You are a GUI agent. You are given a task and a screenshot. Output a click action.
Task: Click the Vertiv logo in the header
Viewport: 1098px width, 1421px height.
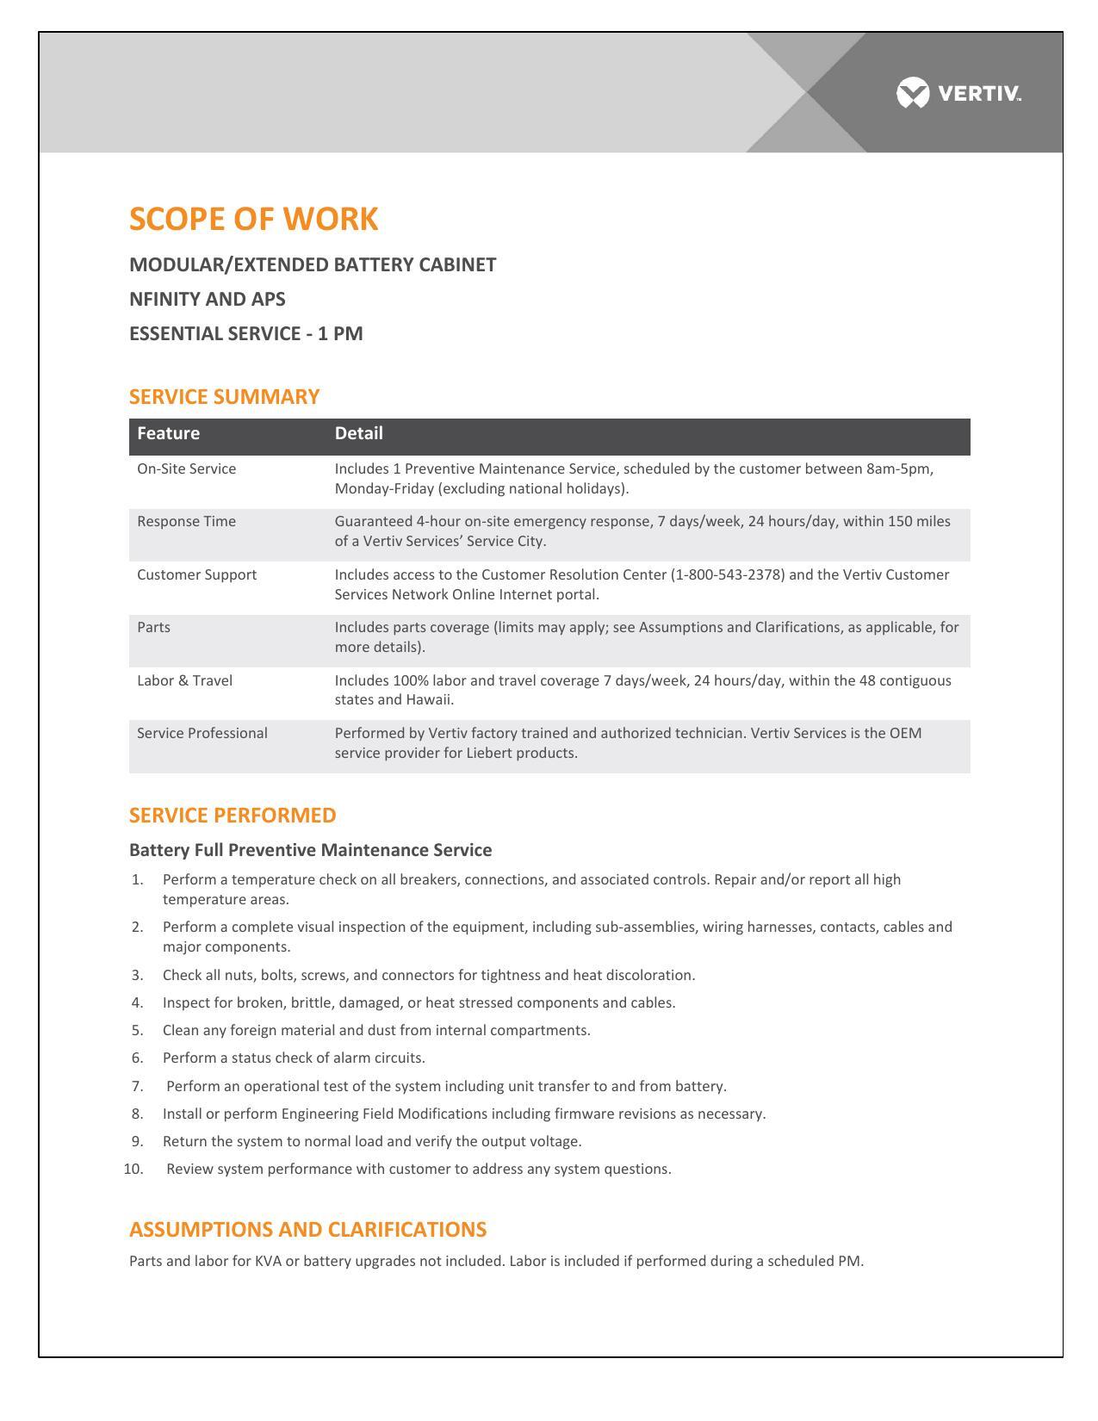tap(958, 93)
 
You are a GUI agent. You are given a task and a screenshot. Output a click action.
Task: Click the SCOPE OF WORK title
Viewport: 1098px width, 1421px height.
tap(253, 219)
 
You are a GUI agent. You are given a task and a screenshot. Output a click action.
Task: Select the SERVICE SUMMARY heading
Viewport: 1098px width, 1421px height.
tap(224, 397)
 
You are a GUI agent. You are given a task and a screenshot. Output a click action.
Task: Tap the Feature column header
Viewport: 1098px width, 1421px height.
tap(168, 433)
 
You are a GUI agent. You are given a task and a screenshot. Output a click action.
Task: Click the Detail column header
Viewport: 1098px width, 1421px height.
tap(358, 433)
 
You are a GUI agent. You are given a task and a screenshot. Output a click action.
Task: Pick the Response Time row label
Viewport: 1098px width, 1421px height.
tap(186, 522)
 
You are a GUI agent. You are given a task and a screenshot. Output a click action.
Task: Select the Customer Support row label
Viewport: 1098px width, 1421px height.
tap(196, 574)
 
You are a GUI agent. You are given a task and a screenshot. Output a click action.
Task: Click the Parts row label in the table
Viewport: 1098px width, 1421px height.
tap(153, 627)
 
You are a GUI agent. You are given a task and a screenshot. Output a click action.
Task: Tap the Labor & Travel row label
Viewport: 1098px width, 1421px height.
tap(184, 680)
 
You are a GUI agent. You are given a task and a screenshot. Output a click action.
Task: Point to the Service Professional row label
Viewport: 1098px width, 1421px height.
tap(202, 733)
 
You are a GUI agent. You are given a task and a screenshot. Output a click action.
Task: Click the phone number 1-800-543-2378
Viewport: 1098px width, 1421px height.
tap(728, 574)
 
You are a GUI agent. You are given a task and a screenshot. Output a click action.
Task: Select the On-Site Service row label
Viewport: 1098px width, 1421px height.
tap(186, 468)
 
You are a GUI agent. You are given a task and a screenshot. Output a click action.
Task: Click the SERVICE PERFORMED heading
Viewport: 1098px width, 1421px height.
tap(233, 816)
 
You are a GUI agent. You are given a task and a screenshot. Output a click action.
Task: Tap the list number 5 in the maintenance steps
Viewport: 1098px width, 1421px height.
tap(137, 1031)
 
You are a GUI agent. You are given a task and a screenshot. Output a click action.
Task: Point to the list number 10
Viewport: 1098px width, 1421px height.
tap(133, 1170)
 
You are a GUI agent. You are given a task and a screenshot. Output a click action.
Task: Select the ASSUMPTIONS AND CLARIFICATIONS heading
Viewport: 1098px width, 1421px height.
tap(307, 1230)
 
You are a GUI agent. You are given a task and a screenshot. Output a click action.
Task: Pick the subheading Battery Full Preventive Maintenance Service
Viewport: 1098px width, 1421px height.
tap(310, 851)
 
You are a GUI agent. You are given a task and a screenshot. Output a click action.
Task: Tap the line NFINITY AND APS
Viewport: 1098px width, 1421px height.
tap(207, 299)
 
